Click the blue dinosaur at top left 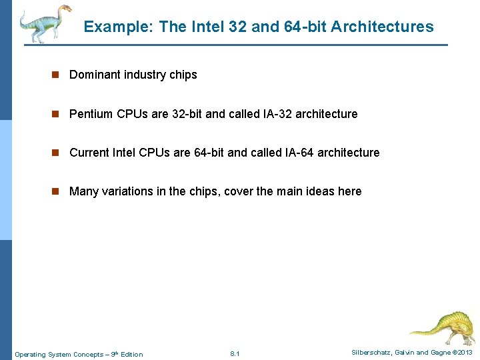coord(43,23)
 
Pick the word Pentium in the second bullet coord(91,114)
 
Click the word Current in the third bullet coord(89,153)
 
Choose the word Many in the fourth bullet coord(83,191)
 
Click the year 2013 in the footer coord(465,352)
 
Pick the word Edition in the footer coord(131,354)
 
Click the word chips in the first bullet coord(183,75)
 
